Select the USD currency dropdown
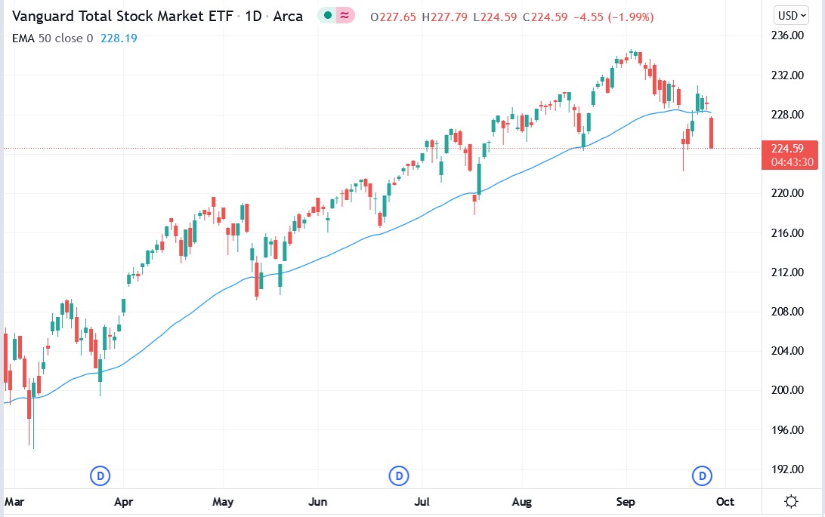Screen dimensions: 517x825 793,15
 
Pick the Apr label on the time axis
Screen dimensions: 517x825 124,501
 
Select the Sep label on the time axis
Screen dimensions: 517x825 626,501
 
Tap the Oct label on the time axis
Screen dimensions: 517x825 726,501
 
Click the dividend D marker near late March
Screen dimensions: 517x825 100,475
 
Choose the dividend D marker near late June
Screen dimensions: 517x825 398,475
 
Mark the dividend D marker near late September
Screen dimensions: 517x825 703,475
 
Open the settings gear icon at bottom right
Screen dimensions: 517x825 792,501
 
